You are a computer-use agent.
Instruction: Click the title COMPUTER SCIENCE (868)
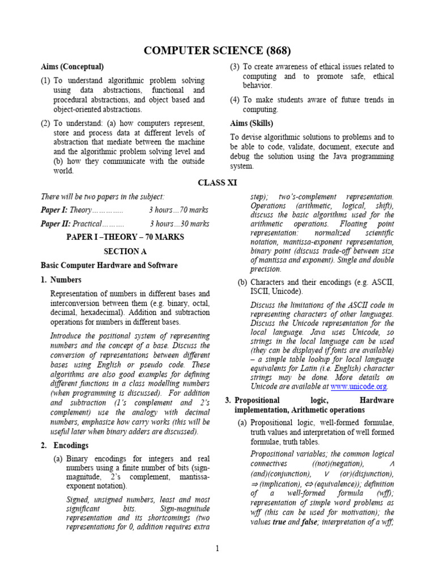[x=217, y=51]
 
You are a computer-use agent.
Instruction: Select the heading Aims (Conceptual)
[x=72, y=67]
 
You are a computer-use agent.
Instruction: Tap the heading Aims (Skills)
[x=251, y=123]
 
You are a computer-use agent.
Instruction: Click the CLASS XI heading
[x=217, y=182]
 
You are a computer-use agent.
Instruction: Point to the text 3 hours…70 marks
[x=179, y=210]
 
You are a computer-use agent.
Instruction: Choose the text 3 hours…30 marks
[x=179, y=224]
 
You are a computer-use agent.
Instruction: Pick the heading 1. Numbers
[x=61, y=279]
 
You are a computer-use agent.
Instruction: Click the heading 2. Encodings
[x=65, y=445]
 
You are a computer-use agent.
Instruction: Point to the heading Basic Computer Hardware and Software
[x=109, y=265]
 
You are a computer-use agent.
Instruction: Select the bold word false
[x=309, y=522]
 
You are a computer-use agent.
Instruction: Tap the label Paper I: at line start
[x=55, y=210]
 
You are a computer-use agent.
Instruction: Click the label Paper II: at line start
[x=56, y=224]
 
